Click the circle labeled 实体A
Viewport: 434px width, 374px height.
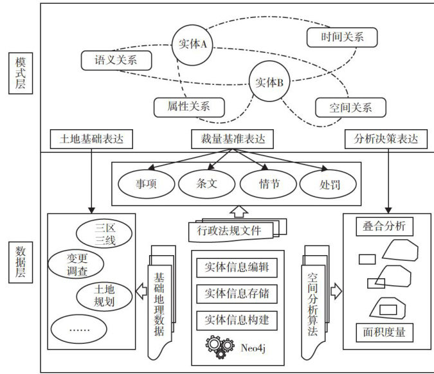point(192,44)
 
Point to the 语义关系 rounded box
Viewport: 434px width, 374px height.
point(116,61)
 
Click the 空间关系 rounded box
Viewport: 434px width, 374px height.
point(350,107)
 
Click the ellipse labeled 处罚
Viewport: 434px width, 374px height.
point(329,184)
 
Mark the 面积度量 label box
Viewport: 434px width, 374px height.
point(384,332)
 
